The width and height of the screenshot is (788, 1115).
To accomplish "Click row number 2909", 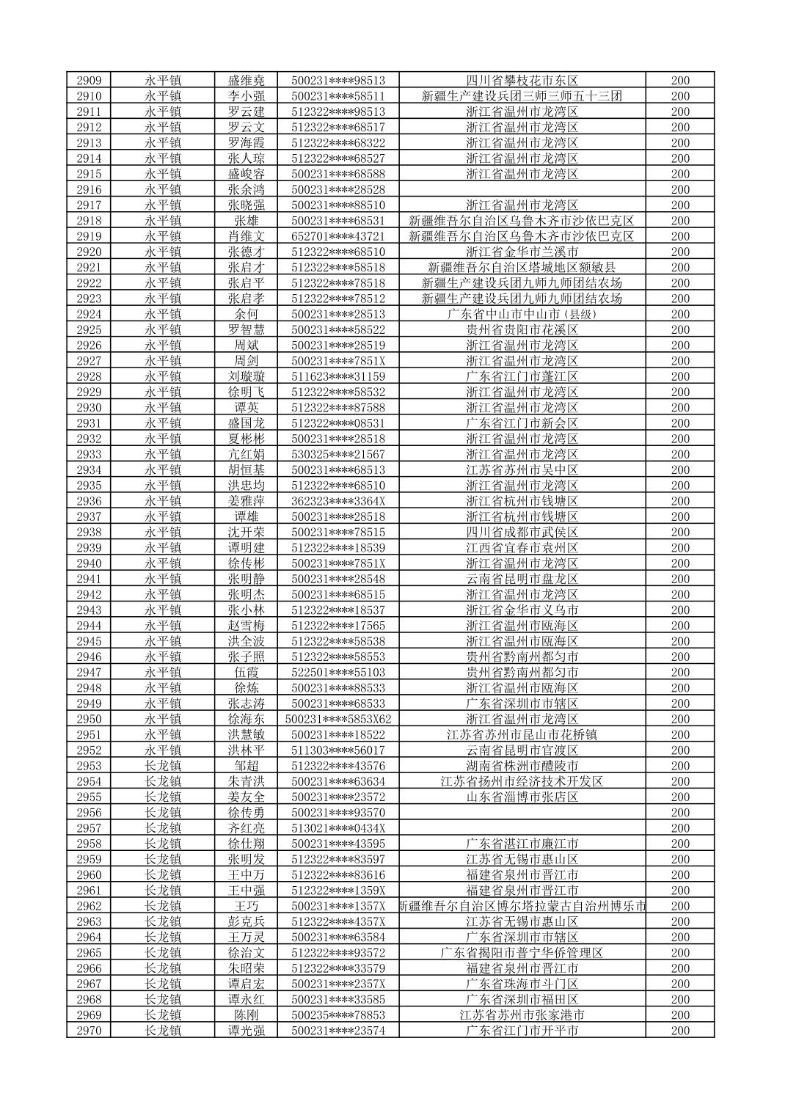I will click(x=89, y=81).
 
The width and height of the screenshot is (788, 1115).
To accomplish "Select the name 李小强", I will click(x=246, y=96).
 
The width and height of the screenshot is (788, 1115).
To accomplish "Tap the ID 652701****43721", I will click(x=338, y=236).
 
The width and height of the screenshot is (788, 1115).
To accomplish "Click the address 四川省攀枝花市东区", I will click(x=522, y=81).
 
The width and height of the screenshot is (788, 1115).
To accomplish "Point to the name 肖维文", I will click(x=246, y=236).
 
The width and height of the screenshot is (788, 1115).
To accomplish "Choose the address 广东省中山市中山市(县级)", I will click(x=522, y=314).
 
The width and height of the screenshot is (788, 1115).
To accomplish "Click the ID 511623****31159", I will click(x=338, y=376).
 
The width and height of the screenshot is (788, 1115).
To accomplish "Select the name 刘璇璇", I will click(x=246, y=376).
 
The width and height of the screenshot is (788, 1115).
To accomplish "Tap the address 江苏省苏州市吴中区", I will click(x=522, y=469).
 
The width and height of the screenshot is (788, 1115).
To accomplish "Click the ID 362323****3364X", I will click(x=338, y=501).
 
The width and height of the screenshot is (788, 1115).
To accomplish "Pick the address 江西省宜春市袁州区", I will click(x=522, y=547).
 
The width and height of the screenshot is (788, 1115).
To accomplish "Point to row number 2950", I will click(x=89, y=719).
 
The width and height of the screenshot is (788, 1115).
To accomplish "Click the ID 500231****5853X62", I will click(x=338, y=719).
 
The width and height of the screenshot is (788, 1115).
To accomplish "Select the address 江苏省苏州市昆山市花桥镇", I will click(x=522, y=734).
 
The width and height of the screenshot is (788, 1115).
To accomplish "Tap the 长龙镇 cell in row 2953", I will click(x=163, y=766).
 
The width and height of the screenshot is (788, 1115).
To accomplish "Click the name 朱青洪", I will click(x=246, y=781).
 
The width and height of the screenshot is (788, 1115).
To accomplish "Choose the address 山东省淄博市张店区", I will click(x=522, y=797).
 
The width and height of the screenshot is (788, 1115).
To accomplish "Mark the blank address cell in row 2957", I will click(x=522, y=828).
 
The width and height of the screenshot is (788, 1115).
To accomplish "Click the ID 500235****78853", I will click(x=338, y=1015).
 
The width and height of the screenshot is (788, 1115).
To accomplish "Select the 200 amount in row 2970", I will click(x=680, y=1031).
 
